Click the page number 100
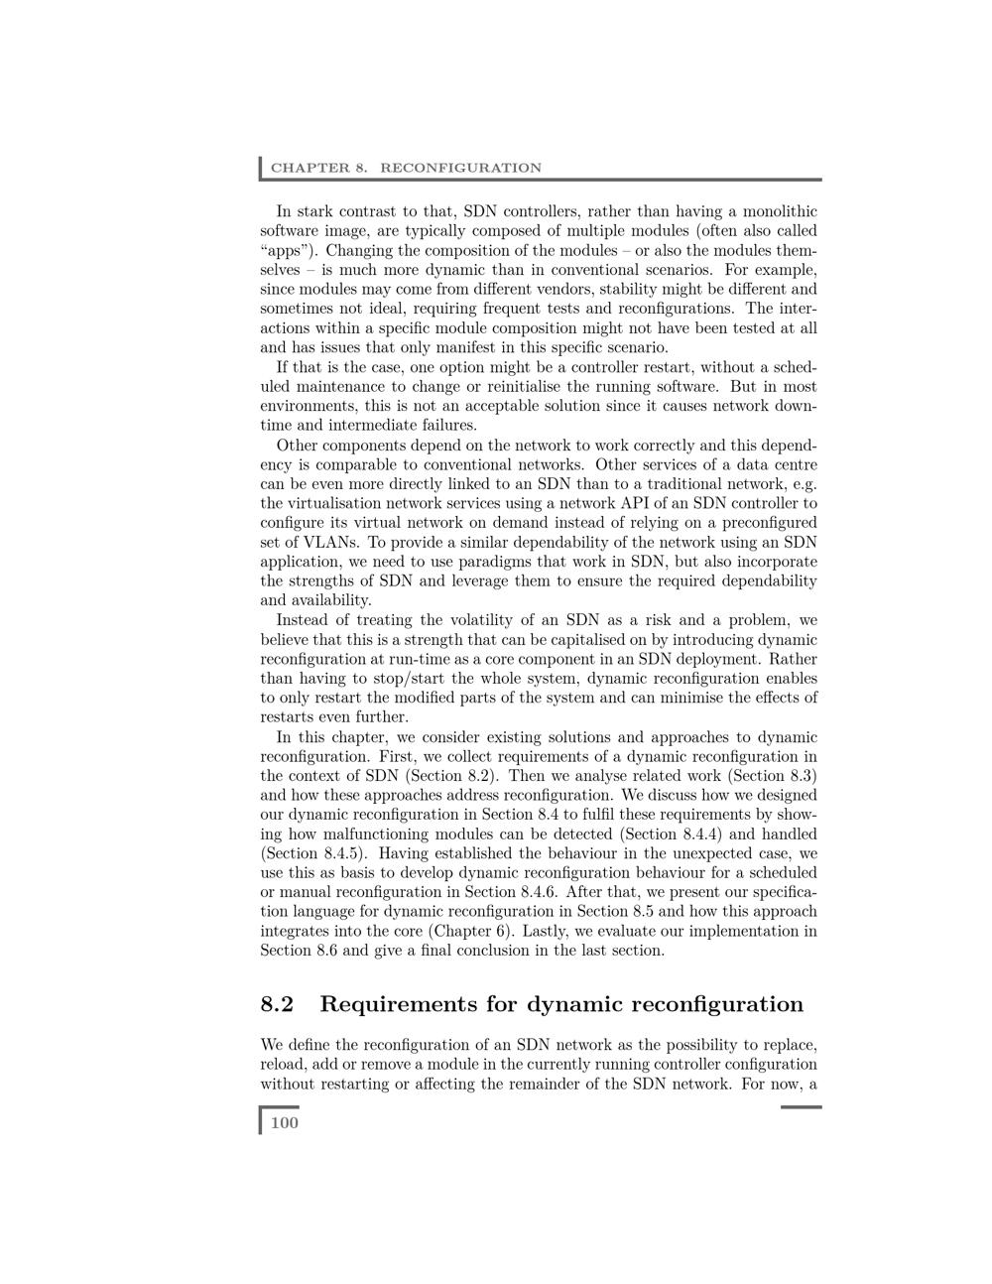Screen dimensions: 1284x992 coord(284,1122)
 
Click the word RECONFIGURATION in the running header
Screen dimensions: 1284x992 coord(460,168)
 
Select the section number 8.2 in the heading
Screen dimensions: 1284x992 coord(277,1004)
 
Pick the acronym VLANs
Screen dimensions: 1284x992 coord(316,542)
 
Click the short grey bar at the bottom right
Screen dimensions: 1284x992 coord(801,1106)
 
